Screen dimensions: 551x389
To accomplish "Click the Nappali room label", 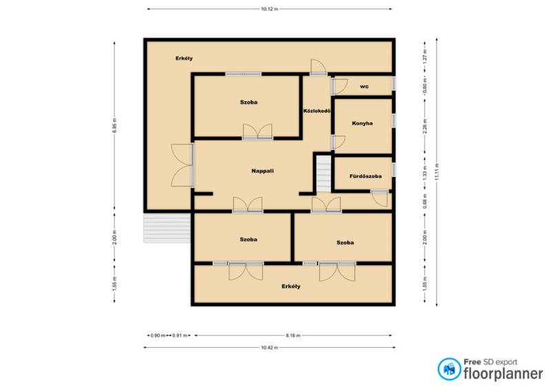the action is pyautogui.click(x=262, y=171).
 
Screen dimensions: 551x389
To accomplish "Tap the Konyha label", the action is pyautogui.click(x=362, y=123).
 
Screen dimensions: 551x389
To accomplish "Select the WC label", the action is pyautogui.click(x=364, y=87).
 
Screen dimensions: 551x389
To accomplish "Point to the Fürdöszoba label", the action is pyautogui.click(x=366, y=176).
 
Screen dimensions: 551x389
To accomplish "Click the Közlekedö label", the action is pyautogui.click(x=317, y=111).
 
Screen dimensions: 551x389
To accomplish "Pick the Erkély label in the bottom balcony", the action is pyautogui.click(x=291, y=286).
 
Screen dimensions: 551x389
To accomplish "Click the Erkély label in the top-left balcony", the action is pyautogui.click(x=184, y=59).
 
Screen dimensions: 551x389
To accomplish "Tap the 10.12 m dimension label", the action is pyautogui.click(x=269, y=9).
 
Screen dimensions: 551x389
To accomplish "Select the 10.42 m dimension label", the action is pyautogui.click(x=269, y=348).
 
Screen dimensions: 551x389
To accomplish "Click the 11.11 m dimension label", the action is pyautogui.click(x=437, y=172).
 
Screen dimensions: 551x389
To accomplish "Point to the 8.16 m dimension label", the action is pyautogui.click(x=293, y=335).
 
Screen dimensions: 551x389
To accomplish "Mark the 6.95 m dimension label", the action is pyautogui.click(x=114, y=125).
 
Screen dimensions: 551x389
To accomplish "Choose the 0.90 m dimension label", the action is pyautogui.click(x=158, y=335).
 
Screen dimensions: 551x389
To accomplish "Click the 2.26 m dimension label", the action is pyautogui.click(x=425, y=126).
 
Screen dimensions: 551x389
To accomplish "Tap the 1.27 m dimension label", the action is pyautogui.click(x=425, y=57).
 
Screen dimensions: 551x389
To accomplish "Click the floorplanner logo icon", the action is pyautogui.click(x=449, y=369).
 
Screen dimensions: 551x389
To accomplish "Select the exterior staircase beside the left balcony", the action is pyautogui.click(x=167, y=228).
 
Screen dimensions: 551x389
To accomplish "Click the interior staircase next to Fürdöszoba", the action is pyautogui.click(x=324, y=174).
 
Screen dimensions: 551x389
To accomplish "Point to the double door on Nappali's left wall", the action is pyautogui.click(x=183, y=165).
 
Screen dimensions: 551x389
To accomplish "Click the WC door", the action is pyautogui.click(x=339, y=87).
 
